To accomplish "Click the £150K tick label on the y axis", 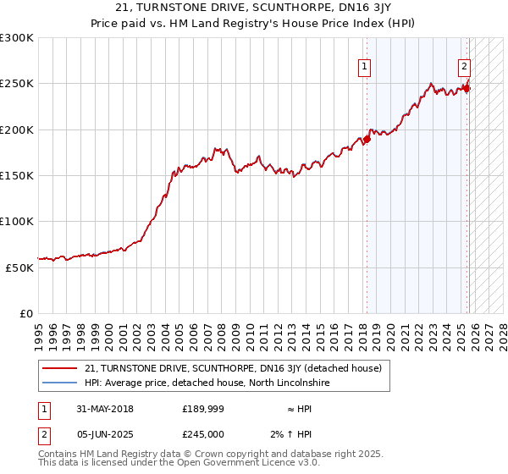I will pos(16,175).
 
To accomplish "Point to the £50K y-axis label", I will pos(19,267).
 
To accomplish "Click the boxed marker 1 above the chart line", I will pos(364,67).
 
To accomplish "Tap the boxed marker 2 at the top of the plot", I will pos(465,67).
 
